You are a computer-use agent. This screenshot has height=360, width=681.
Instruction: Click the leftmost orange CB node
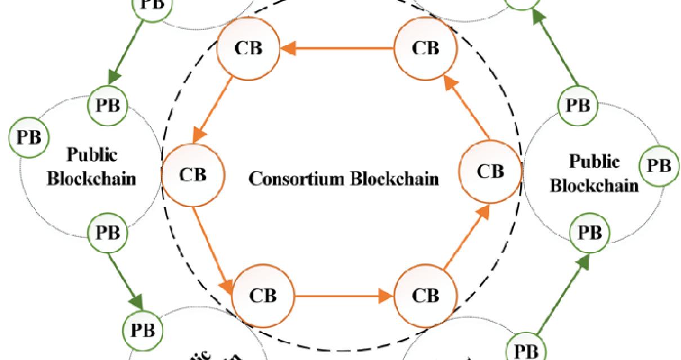pos(192,174)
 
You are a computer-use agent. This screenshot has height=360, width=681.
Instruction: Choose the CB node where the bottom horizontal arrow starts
pos(263,295)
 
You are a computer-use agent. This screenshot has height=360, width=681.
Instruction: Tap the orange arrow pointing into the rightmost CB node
pos(463,237)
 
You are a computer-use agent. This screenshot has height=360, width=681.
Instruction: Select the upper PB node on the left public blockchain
pos(108,105)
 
